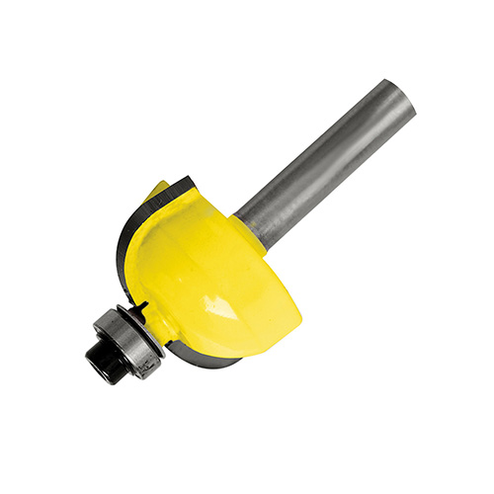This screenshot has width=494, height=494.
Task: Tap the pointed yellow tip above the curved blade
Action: pos(158,190)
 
